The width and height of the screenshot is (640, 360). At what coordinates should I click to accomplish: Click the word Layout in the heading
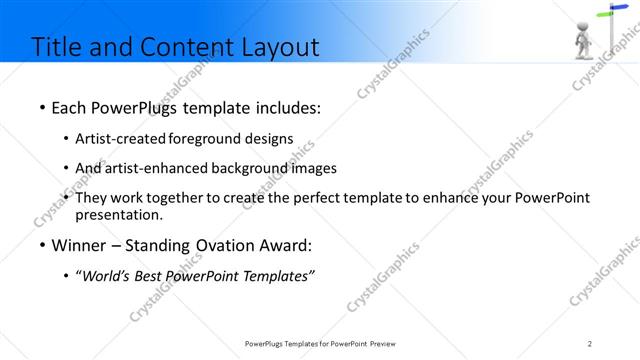276,46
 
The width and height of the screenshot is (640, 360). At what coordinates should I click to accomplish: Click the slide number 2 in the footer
590,343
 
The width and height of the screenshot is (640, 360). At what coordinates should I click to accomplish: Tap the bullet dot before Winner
41,245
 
